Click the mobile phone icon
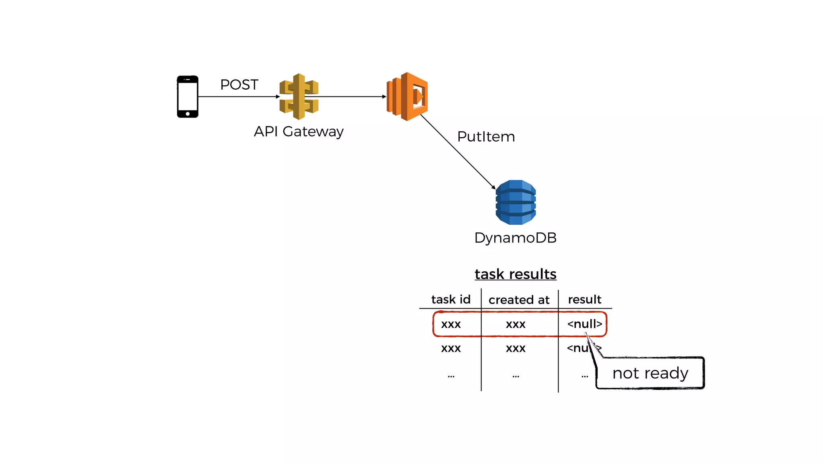(x=188, y=96)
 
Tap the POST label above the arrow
(x=239, y=85)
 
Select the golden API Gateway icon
(x=299, y=96)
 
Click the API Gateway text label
(x=299, y=131)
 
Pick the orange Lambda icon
(x=407, y=96)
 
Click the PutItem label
(x=486, y=137)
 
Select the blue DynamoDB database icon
(x=516, y=202)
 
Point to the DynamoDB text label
(x=515, y=238)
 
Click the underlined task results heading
(x=515, y=274)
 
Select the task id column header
(x=450, y=299)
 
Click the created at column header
(x=519, y=300)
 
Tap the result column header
(x=584, y=299)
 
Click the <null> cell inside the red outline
(x=584, y=324)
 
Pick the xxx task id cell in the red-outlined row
(x=451, y=324)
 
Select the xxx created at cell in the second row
(x=516, y=348)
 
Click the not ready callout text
(x=650, y=373)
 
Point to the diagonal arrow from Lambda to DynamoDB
(x=458, y=152)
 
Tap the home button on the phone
(x=188, y=114)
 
